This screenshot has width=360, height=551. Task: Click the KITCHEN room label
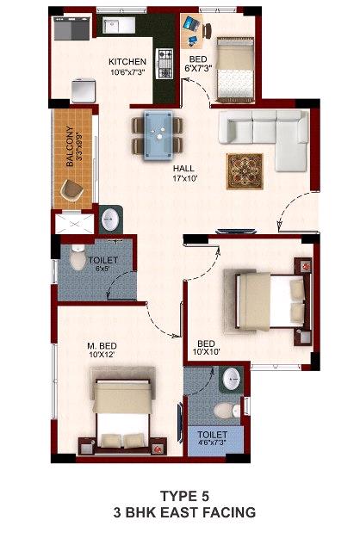pyautogui.click(x=127, y=62)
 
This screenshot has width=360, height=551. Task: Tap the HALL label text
pyautogui.click(x=183, y=169)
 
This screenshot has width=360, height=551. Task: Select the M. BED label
pyautogui.click(x=102, y=346)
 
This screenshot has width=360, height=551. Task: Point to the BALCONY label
pyautogui.click(x=70, y=145)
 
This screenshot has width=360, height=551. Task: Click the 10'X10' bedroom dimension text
pyautogui.click(x=206, y=351)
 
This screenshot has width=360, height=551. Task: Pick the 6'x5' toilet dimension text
pyautogui.click(x=103, y=269)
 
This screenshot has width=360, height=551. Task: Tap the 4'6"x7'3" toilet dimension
pyautogui.click(x=212, y=443)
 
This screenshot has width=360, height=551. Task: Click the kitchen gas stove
pyautogui.click(x=164, y=63)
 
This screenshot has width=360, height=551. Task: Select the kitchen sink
pyautogui.click(x=119, y=25)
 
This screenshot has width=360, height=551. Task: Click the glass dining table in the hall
pyautogui.click(x=158, y=135)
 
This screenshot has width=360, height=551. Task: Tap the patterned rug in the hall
pyautogui.click(x=245, y=171)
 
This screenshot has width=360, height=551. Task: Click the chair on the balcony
pyautogui.click(x=71, y=190)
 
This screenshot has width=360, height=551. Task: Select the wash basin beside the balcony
pyautogui.click(x=110, y=220)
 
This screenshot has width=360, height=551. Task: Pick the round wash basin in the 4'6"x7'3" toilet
pyautogui.click(x=231, y=379)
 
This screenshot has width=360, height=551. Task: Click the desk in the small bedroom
pyautogui.click(x=192, y=31)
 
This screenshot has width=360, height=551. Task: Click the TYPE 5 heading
pyautogui.click(x=184, y=496)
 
